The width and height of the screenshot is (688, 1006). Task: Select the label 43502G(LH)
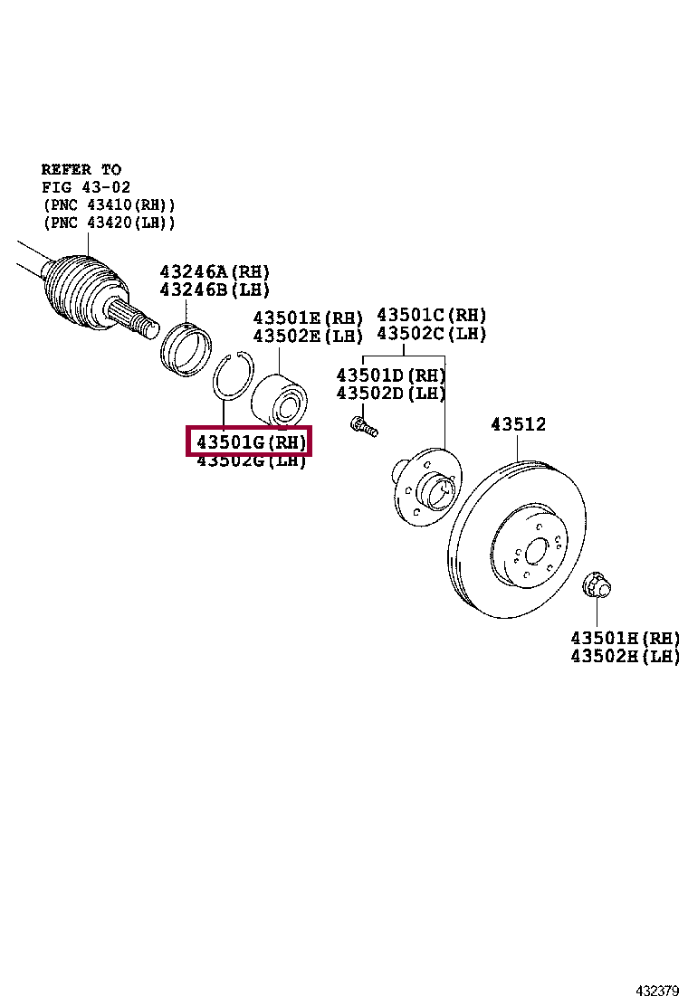(x=251, y=461)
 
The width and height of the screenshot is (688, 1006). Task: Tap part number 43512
(x=518, y=424)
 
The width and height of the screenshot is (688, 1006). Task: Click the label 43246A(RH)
(x=215, y=271)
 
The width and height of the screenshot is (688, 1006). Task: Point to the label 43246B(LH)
(x=215, y=289)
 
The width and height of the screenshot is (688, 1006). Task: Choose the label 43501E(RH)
(x=307, y=318)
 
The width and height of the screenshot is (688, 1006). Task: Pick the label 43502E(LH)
(x=307, y=336)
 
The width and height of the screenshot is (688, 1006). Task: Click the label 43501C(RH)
(x=431, y=315)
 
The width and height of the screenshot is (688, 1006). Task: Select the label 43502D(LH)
(x=391, y=394)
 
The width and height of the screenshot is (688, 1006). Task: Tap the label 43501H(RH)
(x=625, y=638)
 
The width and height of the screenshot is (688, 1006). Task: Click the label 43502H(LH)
(x=625, y=657)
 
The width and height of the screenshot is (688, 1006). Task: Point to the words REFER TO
(x=81, y=169)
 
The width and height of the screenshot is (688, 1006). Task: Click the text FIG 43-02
(x=87, y=186)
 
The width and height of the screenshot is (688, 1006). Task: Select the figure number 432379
(x=658, y=990)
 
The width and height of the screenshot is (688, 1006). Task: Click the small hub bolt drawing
(x=363, y=425)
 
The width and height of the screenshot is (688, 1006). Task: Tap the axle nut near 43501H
(x=597, y=585)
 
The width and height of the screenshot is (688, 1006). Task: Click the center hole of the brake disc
(x=536, y=552)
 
